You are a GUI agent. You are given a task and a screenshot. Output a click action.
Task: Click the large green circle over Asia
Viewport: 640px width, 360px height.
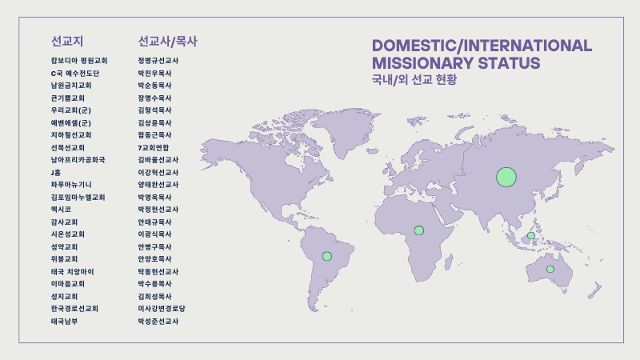click(x=506, y=177)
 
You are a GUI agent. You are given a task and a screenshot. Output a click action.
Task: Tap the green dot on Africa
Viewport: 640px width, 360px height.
click(x=418, y=230)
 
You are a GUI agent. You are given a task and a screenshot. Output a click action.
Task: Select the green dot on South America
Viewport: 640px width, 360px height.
click(x=327, y=256)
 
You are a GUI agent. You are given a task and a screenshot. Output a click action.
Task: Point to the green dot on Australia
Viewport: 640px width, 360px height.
click(x=550, y=269)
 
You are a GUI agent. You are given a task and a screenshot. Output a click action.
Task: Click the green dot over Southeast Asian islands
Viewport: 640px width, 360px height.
click(x=531, y=235)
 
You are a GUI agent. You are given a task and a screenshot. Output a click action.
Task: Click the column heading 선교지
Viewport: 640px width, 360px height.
click(x=67, y=42)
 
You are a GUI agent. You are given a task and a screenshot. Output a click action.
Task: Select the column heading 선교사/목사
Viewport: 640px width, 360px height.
click(x=168, y=42)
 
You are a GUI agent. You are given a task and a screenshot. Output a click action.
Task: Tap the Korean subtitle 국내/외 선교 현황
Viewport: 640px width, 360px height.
click(x=414, y=79)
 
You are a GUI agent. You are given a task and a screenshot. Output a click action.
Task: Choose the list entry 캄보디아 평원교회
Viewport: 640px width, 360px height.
click(x=79, y=61)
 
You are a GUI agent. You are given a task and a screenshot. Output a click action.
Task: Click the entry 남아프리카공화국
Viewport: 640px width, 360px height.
click(x=78, y=159)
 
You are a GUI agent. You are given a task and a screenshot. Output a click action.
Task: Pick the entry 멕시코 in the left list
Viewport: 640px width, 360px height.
click(x=61, y=210)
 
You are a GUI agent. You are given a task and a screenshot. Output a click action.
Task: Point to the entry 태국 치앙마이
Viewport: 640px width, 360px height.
click(x=72, y=271)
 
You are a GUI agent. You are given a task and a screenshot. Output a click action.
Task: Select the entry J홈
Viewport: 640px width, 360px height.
click(x=56, y=172)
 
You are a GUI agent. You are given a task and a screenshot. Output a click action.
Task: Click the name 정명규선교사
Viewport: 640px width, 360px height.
click(x=158, y=61)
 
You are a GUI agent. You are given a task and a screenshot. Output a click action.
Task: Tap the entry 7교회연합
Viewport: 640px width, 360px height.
click(x=153, y=147)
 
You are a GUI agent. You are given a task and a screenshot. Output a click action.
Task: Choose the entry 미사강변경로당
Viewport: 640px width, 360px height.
click(x=162, y=309)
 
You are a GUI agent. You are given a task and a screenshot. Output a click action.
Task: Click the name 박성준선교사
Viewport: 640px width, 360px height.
click(x=158, y=322)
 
